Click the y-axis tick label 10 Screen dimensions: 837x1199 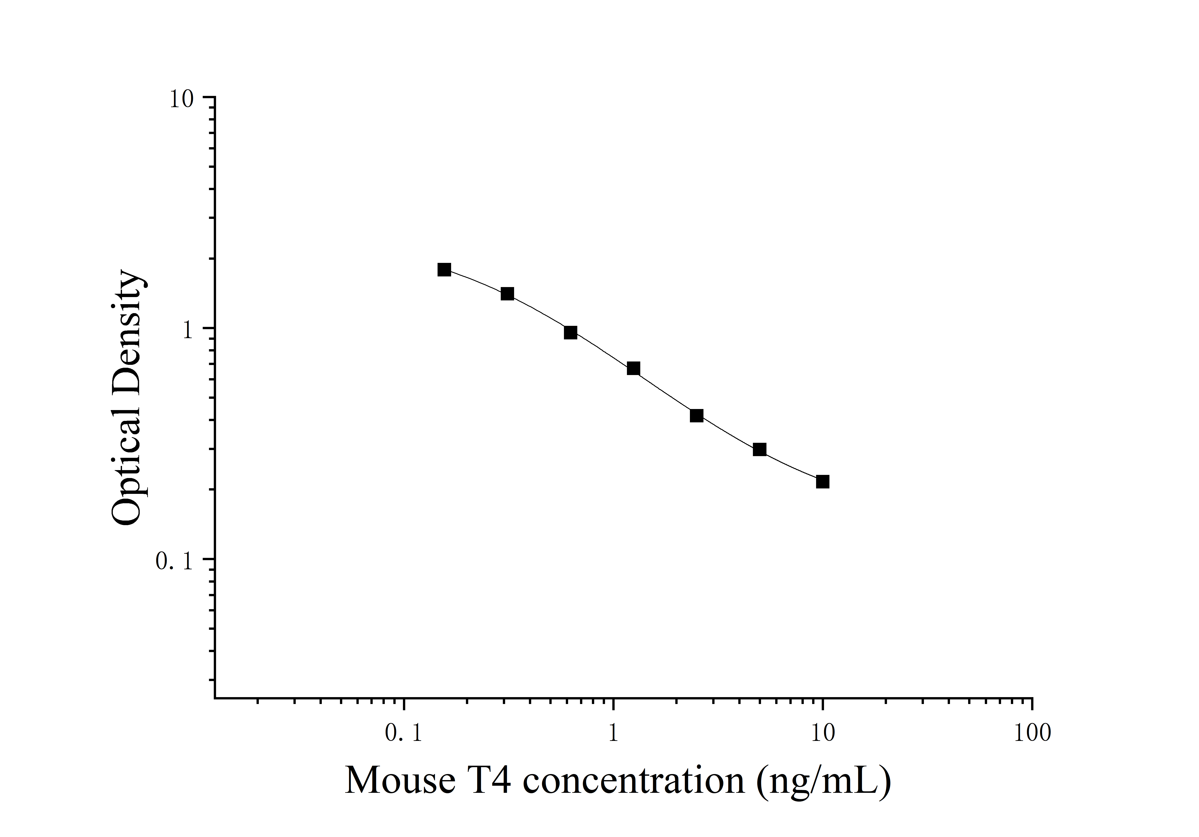pyautogui.click(x=181, y=99)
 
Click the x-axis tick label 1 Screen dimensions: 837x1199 pyautogui.click(x=613, y=734)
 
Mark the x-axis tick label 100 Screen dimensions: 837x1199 pyautogui.click(x=1032, y=734)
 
